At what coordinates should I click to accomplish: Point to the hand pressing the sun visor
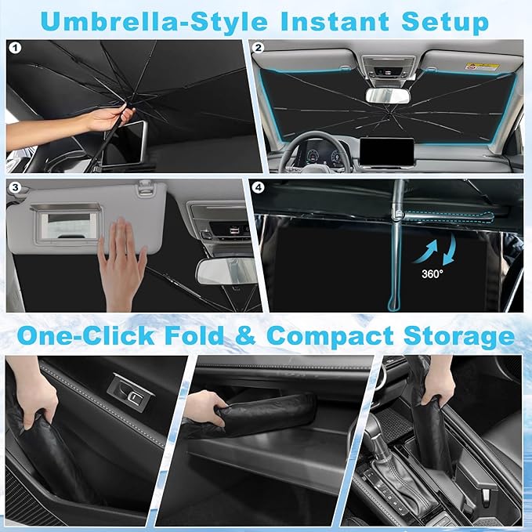click(x=123, y=266)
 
